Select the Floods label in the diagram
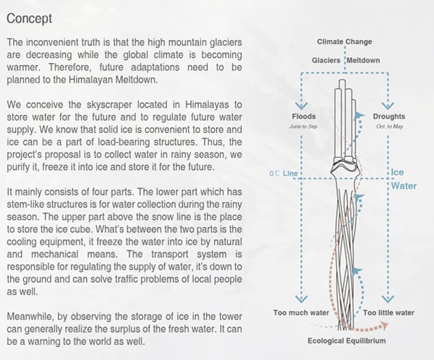304,116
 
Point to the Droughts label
389,116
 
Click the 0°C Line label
282,173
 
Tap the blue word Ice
397,173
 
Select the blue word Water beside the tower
404,186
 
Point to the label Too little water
388,313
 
